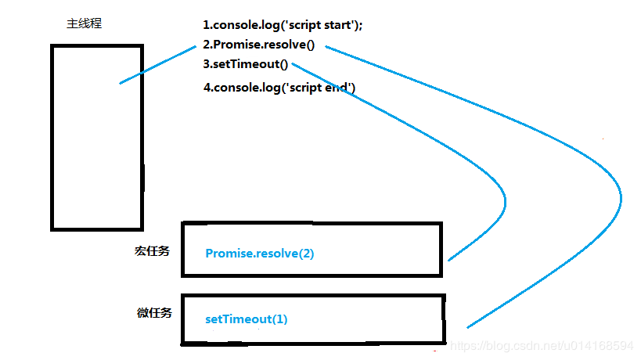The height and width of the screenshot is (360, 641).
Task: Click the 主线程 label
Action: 84,24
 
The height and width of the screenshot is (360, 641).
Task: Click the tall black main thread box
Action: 97,137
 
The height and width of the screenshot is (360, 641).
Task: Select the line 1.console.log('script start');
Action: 283,25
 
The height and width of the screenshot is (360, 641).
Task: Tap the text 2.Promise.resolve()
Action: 258,45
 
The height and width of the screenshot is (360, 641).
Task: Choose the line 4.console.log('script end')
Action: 279,88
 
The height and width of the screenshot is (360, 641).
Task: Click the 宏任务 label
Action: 152,252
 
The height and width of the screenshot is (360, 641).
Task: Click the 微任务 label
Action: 154,313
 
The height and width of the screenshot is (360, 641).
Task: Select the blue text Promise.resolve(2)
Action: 259,254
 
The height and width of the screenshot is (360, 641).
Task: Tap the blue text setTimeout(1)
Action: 247,319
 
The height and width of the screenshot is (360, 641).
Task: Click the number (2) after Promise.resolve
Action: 305,254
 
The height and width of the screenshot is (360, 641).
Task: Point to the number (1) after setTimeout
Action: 279,319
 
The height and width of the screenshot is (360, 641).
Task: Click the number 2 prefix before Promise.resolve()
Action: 207,45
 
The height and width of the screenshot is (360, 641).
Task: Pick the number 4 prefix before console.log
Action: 207,88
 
